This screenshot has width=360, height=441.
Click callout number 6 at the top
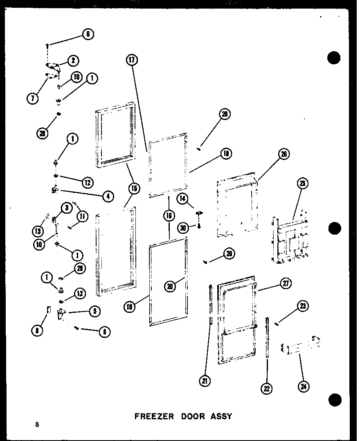(x=88, y=35)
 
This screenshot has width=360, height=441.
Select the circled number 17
(x=132, y=61)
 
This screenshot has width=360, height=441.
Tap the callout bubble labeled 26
(x=283, y=154)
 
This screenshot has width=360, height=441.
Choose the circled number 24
(x=304, y=386)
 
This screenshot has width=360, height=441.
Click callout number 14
(x=183, y=199)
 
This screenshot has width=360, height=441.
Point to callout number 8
(x=37, y=331)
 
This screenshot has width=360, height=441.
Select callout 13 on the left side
(x=38, y=231)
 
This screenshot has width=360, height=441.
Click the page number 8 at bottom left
(x=37, y=424)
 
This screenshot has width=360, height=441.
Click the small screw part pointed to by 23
(x=278, y=324)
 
